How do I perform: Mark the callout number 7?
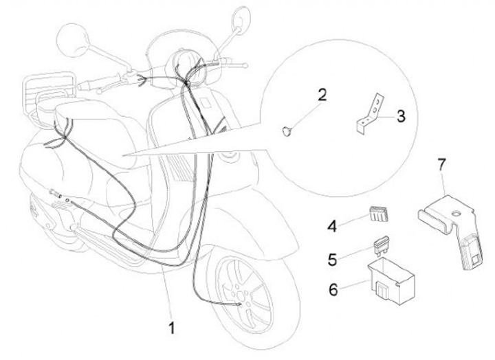point(441,164)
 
